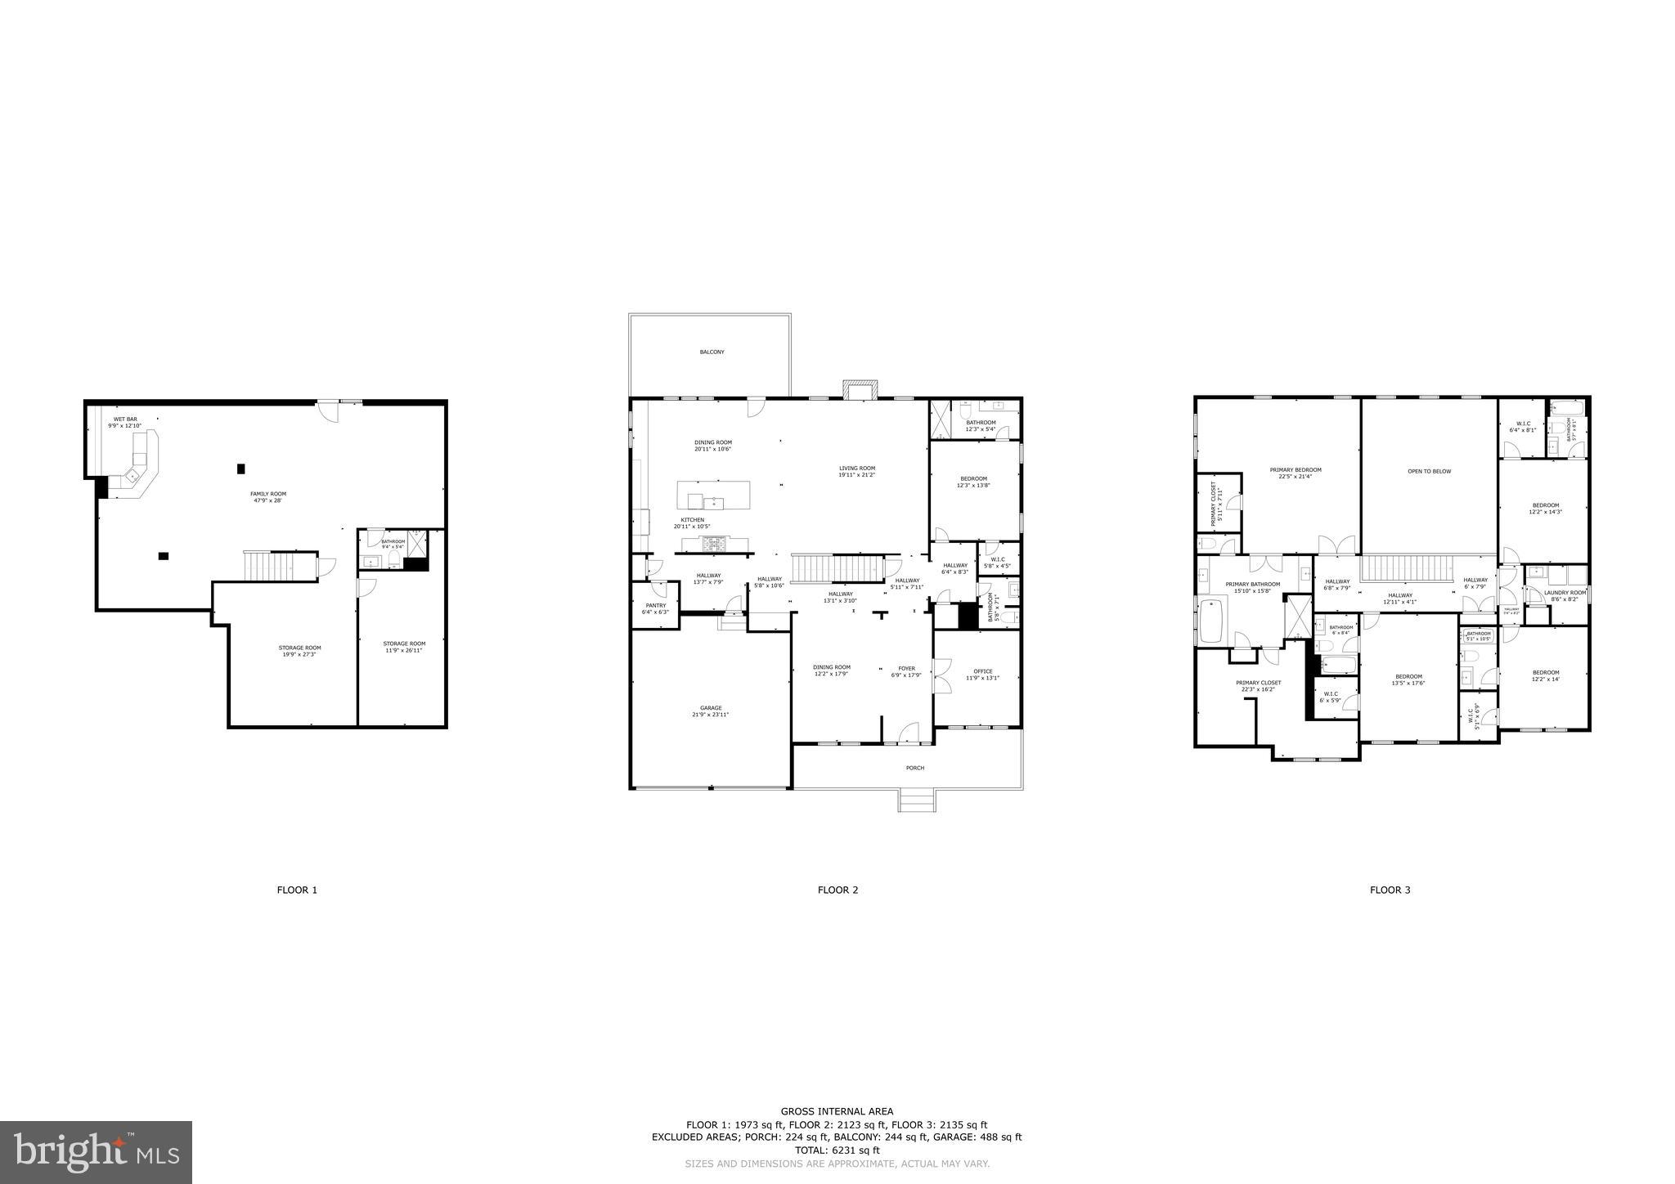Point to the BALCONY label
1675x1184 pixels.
[712, 352]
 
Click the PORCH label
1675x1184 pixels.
[914, 768]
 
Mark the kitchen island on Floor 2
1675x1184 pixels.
[713, 495]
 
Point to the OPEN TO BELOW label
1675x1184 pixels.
[1429, 471]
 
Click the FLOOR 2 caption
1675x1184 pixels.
[837, 890]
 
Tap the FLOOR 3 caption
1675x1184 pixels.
[1390, 890]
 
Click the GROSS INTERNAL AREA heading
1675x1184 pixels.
[837, 1111]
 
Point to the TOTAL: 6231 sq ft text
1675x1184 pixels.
[837, 1150]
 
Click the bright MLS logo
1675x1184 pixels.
[96, 1152]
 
